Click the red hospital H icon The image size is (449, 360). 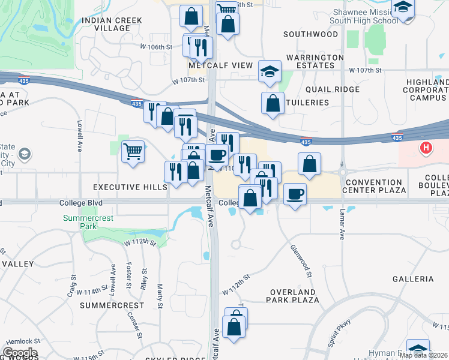[426, 148]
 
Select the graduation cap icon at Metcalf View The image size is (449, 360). [270, 71]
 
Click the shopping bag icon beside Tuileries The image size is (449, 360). [273, 102]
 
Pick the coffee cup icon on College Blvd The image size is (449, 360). [294, 194]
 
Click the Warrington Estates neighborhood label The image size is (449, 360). [315, 62]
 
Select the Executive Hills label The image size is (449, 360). [130, 188]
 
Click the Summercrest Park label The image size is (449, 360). [88, 223]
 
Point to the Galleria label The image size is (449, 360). [412, 279]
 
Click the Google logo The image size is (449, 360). [20, 353]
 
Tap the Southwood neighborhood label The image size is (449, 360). [310, 34]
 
